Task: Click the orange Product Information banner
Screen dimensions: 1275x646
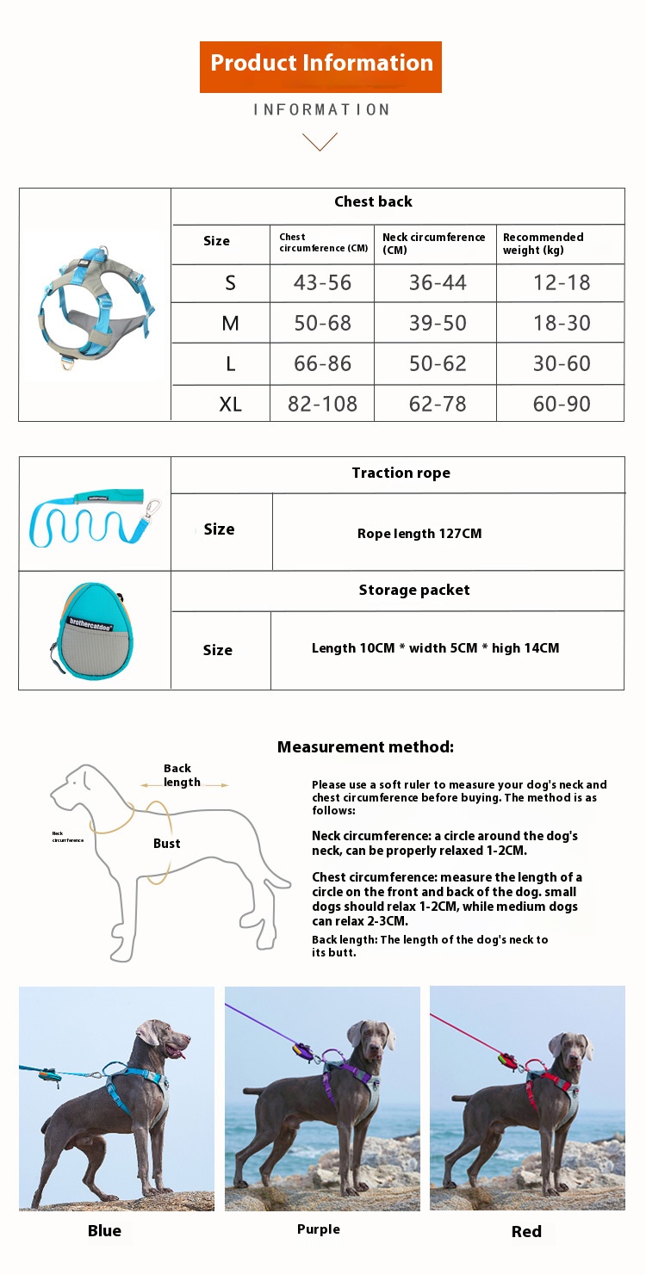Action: tap(320, 66)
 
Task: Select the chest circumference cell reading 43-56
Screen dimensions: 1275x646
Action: tap(322, 282)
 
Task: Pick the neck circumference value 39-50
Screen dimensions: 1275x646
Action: tap(438, 323)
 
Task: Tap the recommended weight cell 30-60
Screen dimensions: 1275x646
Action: tap(562, 363)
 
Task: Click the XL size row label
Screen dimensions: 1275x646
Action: tap(230, 404)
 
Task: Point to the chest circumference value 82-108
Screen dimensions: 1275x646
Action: tap(322, 404)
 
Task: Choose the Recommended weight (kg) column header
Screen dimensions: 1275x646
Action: tap(543, 243)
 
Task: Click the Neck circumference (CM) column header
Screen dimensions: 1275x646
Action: tap(433, 243)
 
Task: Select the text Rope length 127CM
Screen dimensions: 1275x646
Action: tap(419, 534)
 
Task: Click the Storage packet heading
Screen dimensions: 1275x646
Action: tap(414, 590)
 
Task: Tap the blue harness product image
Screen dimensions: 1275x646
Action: tap(94, 306)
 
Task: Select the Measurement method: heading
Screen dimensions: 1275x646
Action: tap(365, 747)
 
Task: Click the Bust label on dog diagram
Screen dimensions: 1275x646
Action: tap(167, 844)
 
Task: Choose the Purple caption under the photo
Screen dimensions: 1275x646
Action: tap(319, 1229)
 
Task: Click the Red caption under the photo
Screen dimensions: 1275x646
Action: tap(526, 1231)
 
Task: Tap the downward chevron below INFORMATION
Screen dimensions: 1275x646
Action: tap(320, 141)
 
